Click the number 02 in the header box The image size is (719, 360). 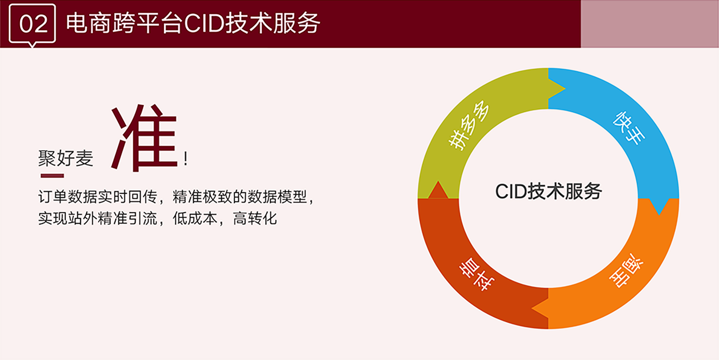pos(33,24)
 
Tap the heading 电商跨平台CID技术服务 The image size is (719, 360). pos(193,23)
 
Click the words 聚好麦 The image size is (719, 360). pos(66,158)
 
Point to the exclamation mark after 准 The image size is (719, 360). pos(186,158)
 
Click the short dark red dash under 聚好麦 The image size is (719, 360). pos(52,176)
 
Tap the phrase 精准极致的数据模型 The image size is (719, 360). pos(239,197)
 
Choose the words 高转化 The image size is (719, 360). pos(255,218)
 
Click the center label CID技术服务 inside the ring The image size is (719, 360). pos(548,191)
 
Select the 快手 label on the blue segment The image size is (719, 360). pos(629,128)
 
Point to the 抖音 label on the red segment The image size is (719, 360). pos(477,275)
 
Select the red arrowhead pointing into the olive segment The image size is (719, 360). pos(438,190)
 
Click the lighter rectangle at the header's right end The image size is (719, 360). pos(650,24)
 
